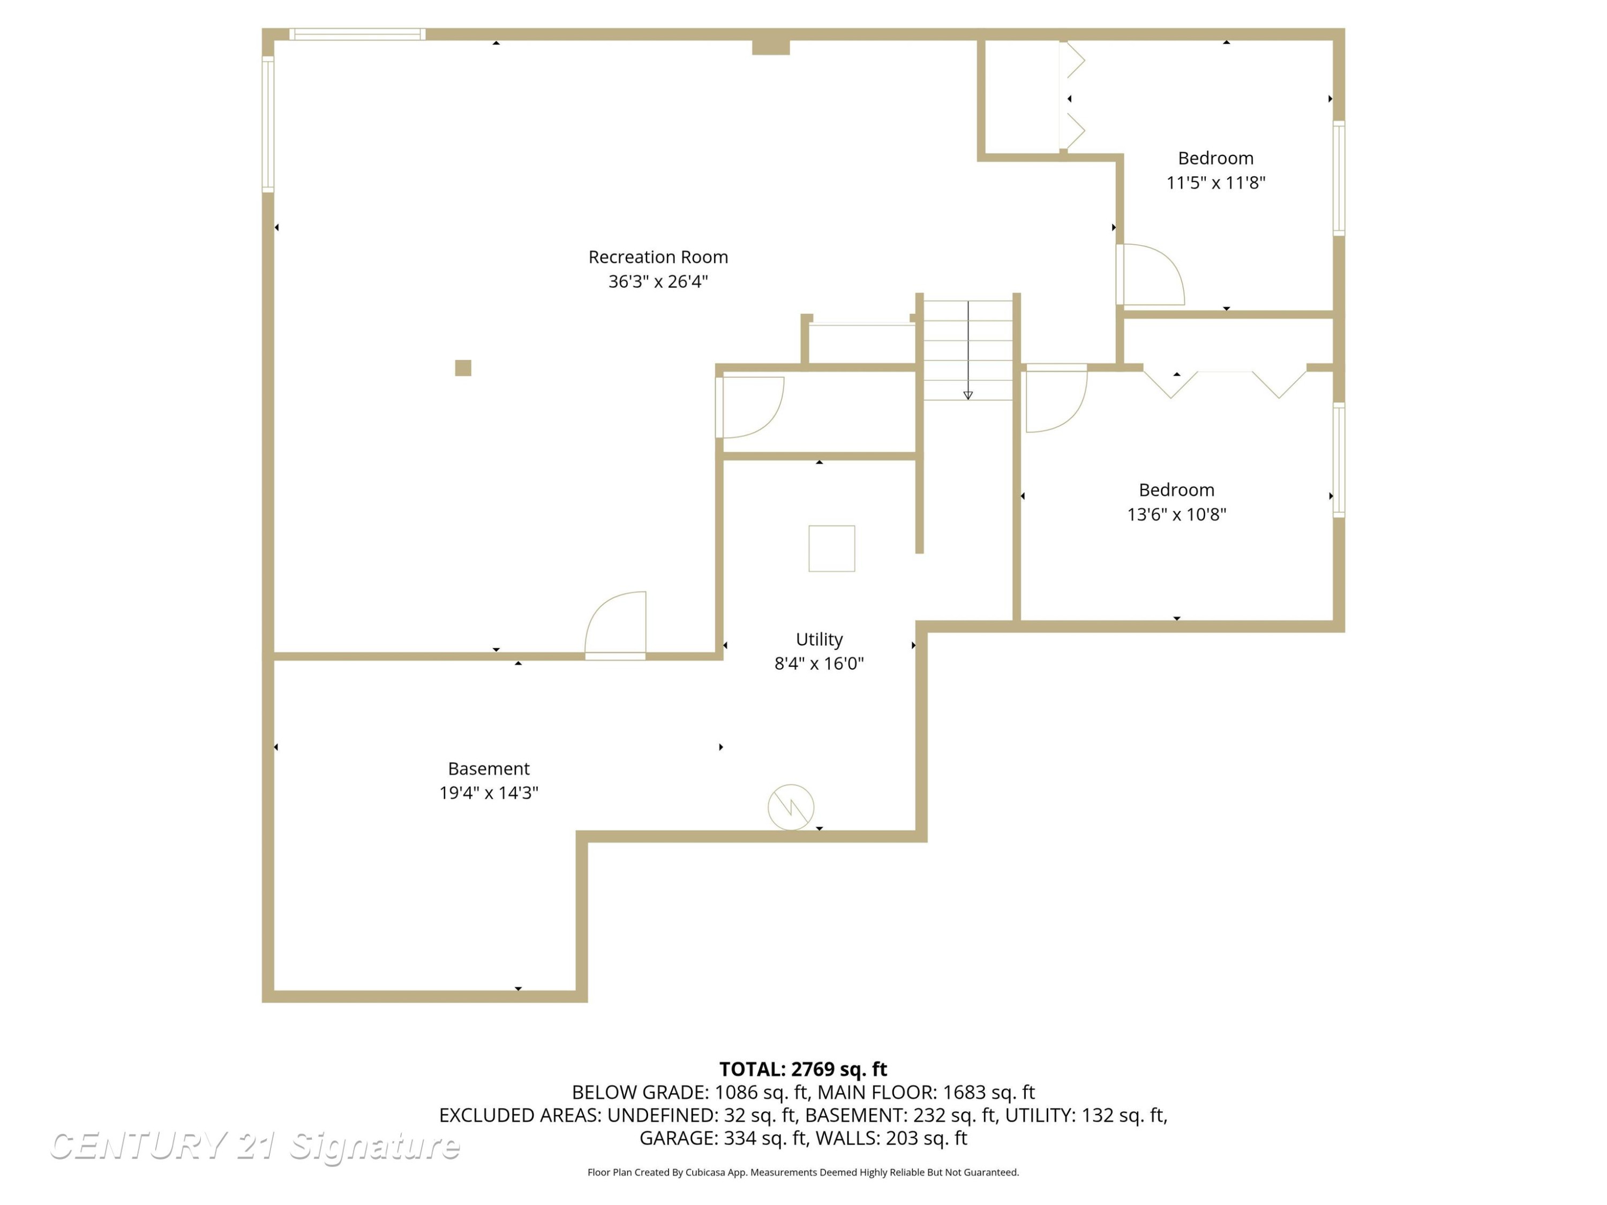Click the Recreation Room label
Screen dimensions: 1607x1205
[658, 257]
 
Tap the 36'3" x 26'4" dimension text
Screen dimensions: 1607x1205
[658, 281]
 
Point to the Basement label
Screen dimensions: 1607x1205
[489, 769]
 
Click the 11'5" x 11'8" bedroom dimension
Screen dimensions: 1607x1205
[1215, 182]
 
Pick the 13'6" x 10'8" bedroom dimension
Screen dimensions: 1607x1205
[1176, 514]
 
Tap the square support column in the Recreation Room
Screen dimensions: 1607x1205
[463, 368]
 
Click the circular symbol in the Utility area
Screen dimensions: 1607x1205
[791, 807]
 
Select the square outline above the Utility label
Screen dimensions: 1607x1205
[831, 548]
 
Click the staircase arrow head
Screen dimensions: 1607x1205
[968, 395]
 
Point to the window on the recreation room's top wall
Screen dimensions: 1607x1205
[357, 34]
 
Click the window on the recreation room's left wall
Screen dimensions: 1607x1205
[268, 124]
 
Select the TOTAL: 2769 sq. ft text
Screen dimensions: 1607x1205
[803, 1069]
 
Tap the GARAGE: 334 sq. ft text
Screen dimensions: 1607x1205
[724, 1138]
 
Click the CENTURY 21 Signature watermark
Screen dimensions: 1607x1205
[254, 1146]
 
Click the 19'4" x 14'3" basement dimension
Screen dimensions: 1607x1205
[489, 793]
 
